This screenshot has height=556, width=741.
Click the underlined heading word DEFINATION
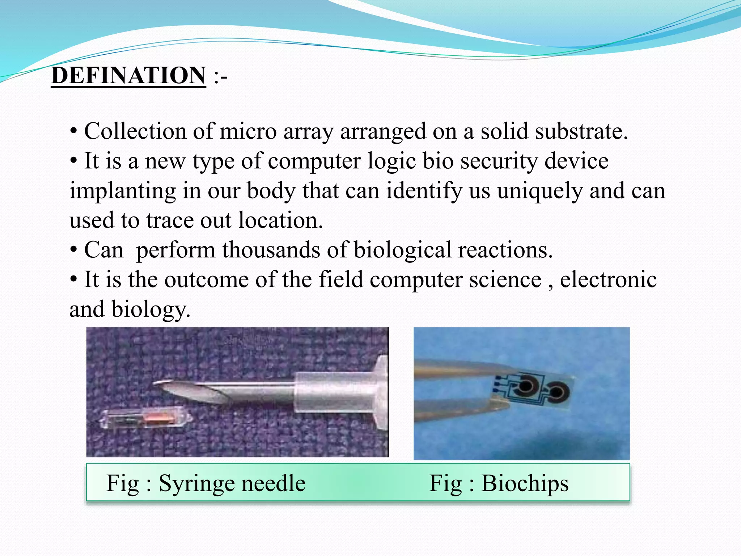click(x=128, y=76)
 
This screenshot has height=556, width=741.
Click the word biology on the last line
click(x=151, y=310)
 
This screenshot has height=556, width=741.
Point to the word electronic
click(x=608, y=279)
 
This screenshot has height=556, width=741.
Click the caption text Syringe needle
click(x=232, y=483)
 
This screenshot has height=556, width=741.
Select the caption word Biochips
click(x=525, y=483)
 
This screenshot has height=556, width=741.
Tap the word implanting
click(x=122, y=191)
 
